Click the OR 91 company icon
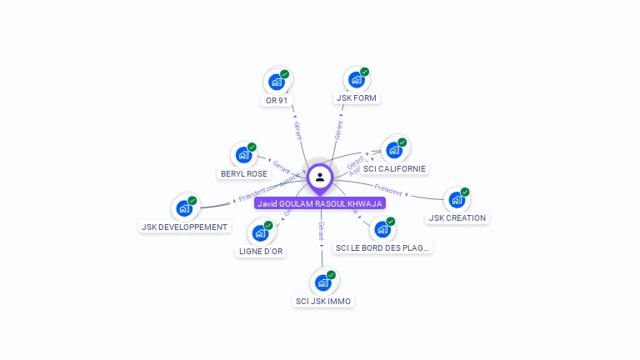(276, 82)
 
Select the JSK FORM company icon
(356, 79)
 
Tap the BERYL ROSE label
(244, 174)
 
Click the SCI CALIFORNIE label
(394, 168)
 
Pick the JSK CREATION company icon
(456, 200)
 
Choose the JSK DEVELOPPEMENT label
(184, 227)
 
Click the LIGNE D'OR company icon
(260, 233)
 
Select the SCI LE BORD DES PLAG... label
(382, 247)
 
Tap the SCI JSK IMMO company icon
(322, 282)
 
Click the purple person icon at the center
(320, 177)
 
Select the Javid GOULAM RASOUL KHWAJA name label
(320, 203)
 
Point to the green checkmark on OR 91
(284, 74)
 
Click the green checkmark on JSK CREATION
(465, 192)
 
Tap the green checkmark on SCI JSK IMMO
(331, 275)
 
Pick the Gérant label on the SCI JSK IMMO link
(322, 232)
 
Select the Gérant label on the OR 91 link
(297, 130)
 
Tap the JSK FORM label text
(357, 98)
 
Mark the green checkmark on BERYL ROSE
(252, 147)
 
